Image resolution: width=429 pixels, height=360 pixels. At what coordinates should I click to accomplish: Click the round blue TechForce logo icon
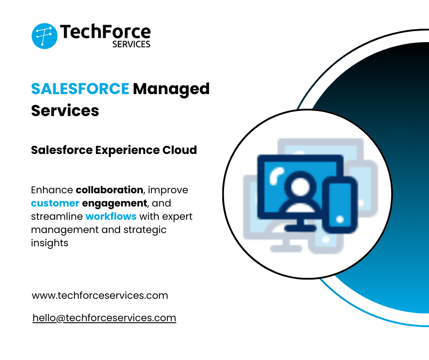(44, 36)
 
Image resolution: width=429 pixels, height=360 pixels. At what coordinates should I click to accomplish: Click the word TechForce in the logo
(105, 32)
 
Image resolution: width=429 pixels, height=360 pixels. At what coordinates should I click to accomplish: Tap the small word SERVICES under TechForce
(131, 44)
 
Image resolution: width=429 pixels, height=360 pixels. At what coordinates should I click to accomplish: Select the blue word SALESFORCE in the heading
(80, 89)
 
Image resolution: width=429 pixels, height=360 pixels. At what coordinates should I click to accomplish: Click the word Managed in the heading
(171, 89)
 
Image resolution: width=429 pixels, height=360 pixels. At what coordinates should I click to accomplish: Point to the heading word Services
(65, 110)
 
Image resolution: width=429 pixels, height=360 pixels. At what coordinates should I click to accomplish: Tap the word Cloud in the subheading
(180, 150)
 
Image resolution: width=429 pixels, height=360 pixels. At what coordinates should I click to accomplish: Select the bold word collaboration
(110, 190)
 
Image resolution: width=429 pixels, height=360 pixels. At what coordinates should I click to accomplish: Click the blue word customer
(55, 203)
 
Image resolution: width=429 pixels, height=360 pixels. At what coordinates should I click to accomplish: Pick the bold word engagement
(115, 203)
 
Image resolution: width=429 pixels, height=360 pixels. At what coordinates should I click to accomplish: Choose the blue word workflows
(111, 216)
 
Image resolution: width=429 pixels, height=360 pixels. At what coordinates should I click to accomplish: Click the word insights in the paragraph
(50, 243)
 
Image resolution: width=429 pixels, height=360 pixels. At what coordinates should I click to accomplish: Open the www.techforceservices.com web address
(100, 296)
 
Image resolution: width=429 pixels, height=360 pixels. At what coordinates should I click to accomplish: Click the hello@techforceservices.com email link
(105, 318)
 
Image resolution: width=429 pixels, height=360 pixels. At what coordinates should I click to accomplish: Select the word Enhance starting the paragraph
(52, 190)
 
